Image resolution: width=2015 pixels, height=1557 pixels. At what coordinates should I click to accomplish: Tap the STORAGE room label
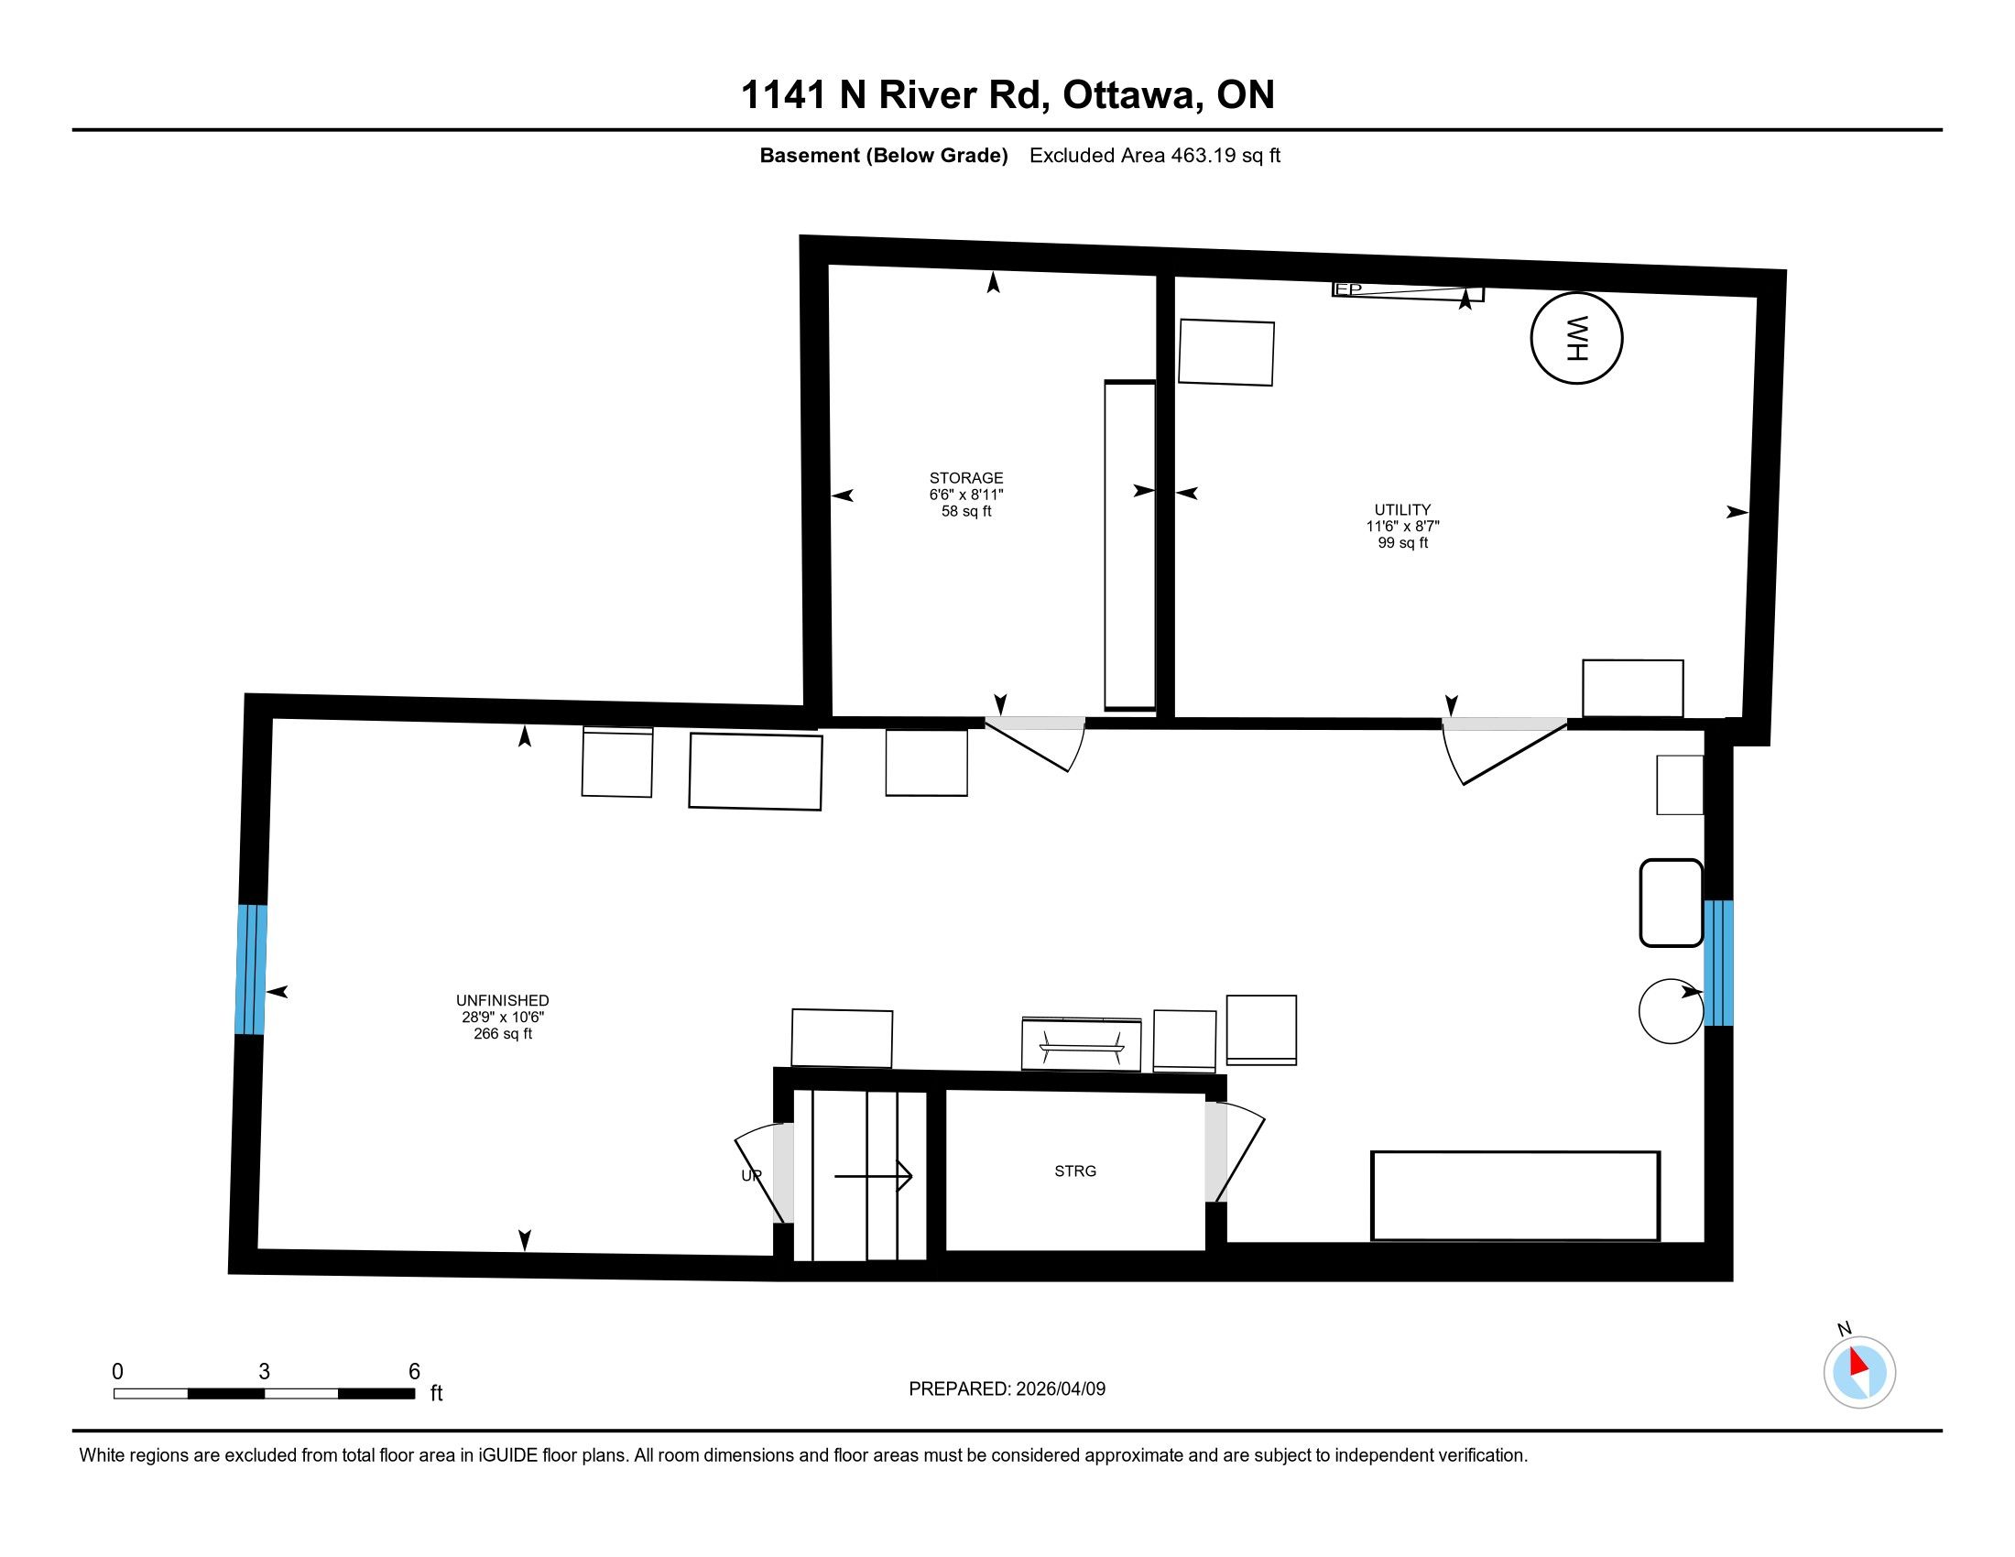click(966, 478)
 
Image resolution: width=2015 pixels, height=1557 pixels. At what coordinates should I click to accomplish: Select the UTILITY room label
click(1402, 509)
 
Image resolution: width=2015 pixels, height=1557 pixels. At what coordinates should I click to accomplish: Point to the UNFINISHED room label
click(502, 1000)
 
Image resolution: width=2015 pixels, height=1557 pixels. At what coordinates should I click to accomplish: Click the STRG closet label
click(1075, 1170)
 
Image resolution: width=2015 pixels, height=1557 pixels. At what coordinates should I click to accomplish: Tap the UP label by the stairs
click(751, 1175)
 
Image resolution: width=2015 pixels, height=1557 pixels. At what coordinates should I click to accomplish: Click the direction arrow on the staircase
click(873, 1176)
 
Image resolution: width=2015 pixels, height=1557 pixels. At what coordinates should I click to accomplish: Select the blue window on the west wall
click(252, 968)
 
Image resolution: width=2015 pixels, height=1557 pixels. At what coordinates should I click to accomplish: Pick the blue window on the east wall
click(1718, 963)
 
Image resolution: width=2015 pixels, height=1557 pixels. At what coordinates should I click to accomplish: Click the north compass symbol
click(1859, 1372)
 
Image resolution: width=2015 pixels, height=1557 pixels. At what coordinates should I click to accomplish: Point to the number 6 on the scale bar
click(414, 1371)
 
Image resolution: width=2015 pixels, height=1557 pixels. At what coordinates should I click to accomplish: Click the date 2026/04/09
click(1060, 1388)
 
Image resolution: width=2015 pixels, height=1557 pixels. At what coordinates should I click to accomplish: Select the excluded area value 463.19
click(1204, 155)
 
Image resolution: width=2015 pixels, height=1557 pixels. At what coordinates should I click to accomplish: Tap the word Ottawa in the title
click(1132, 94)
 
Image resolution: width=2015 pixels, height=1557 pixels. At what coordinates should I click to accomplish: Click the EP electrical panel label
click(1348, 289)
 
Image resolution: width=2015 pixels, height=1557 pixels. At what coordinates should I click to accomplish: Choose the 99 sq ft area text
click(1402, 542)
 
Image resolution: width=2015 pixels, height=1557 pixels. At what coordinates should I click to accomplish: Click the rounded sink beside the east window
click(1671, 903)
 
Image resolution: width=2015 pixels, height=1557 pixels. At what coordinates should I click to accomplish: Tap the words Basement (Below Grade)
click(883, 155)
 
